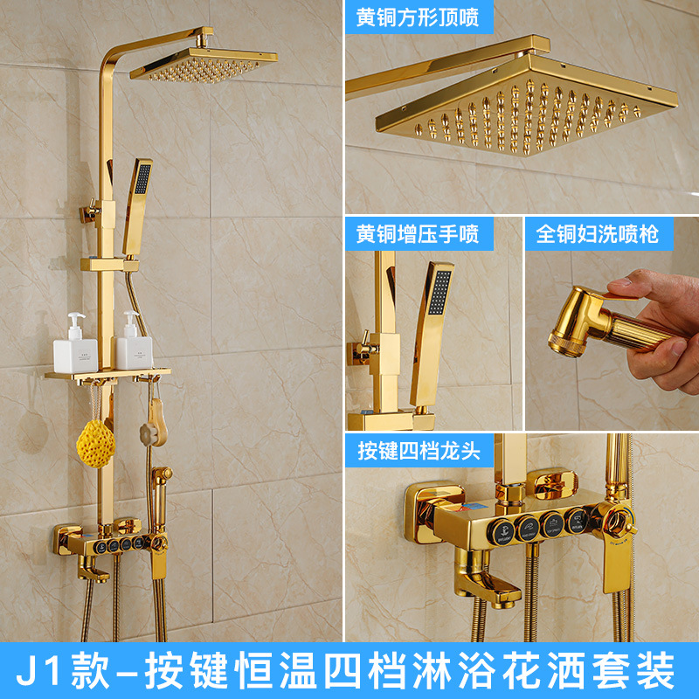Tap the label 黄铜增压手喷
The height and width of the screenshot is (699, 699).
[x=418, y=234]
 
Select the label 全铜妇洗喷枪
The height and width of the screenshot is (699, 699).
[x=598, y=234]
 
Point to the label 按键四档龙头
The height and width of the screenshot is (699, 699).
[x=418, y=451]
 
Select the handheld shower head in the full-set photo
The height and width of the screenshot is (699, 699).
[x=138, y=197]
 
